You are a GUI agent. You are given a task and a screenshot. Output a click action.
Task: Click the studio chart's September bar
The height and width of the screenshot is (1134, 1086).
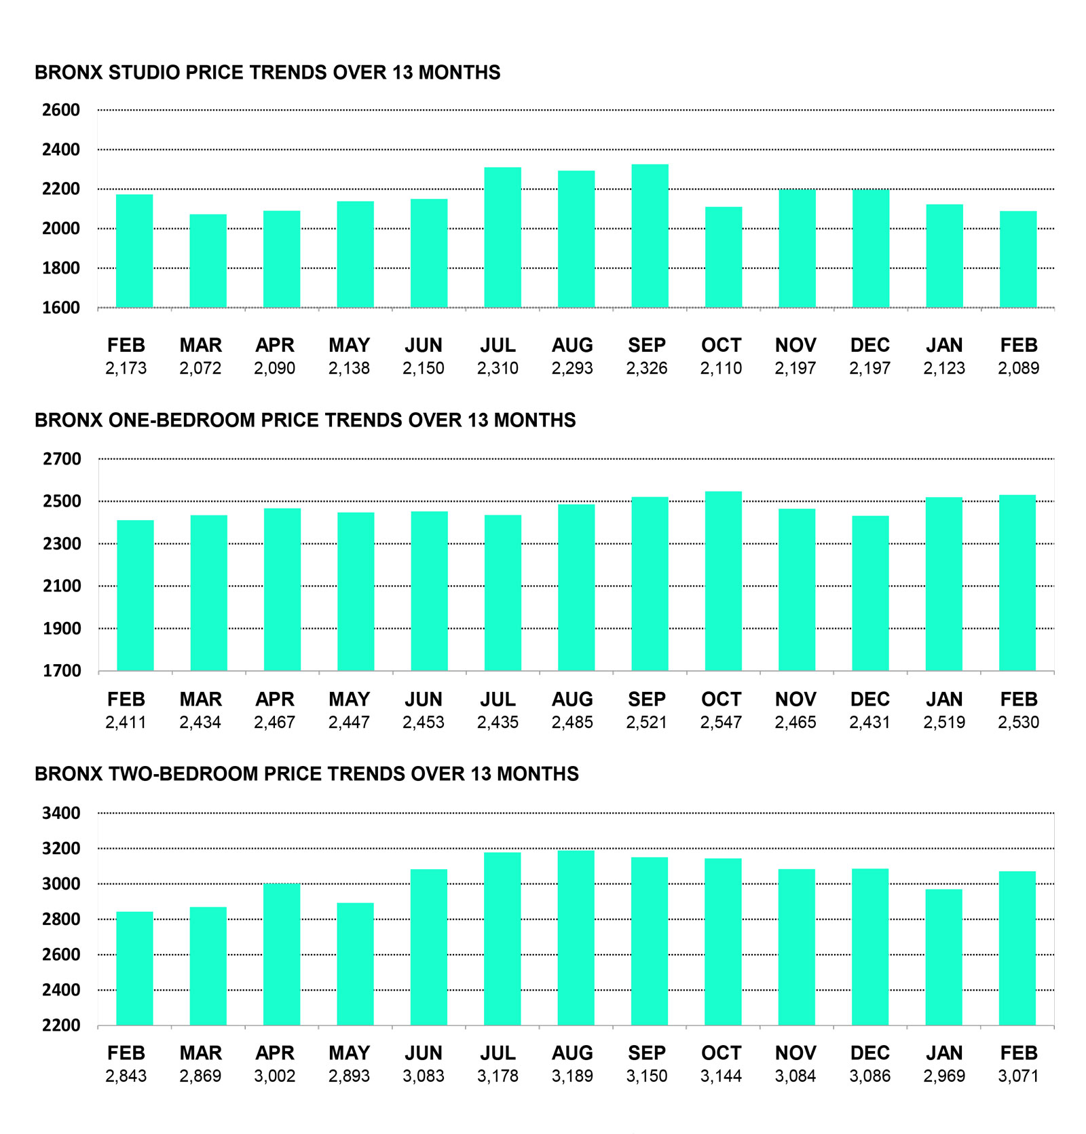click(x=650, y=236)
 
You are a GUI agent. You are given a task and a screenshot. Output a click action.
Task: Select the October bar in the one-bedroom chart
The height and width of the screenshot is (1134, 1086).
click(x=723, y=581)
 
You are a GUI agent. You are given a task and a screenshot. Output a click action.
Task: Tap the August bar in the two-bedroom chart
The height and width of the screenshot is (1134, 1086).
click(x=576, y=938)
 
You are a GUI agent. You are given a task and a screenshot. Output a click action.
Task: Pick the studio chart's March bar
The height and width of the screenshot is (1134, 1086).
click(x=208, y=261)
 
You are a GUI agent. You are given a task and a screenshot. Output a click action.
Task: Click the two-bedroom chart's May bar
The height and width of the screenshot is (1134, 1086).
click(x=355, y=964)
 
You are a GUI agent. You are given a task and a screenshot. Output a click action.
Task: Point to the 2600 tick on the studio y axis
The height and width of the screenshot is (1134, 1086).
click(x=61, y=110)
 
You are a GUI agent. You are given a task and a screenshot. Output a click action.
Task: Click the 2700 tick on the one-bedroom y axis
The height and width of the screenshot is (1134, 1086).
click(x=62, y=459)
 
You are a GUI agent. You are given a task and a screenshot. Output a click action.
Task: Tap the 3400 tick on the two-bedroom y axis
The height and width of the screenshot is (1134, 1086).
click(x=61, y=813)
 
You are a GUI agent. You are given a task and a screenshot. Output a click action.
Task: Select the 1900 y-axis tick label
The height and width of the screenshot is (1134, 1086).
click(x=62, y=629)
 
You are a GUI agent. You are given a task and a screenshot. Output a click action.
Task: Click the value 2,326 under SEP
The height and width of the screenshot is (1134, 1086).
click(x=646, y=369)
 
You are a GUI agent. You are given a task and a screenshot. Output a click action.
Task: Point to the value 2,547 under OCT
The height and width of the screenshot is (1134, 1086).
click(x=721, y=723)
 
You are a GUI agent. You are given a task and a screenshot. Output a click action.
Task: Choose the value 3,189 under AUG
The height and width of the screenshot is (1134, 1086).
click(x=572, y=1076)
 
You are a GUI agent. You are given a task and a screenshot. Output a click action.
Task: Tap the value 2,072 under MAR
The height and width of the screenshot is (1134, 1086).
click(x=200, y=369)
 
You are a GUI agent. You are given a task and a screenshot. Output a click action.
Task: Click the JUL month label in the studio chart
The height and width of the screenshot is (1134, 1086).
click(x=498, y=346)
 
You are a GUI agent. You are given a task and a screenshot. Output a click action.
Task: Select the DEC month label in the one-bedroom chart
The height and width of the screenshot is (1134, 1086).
click(x=869, y=699)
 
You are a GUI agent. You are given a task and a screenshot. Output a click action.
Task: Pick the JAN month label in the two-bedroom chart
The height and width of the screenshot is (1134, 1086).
click(x=944, y=1053)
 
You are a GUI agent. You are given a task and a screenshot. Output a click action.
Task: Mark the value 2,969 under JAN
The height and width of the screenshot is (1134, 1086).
click(x=944, y=1076)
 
